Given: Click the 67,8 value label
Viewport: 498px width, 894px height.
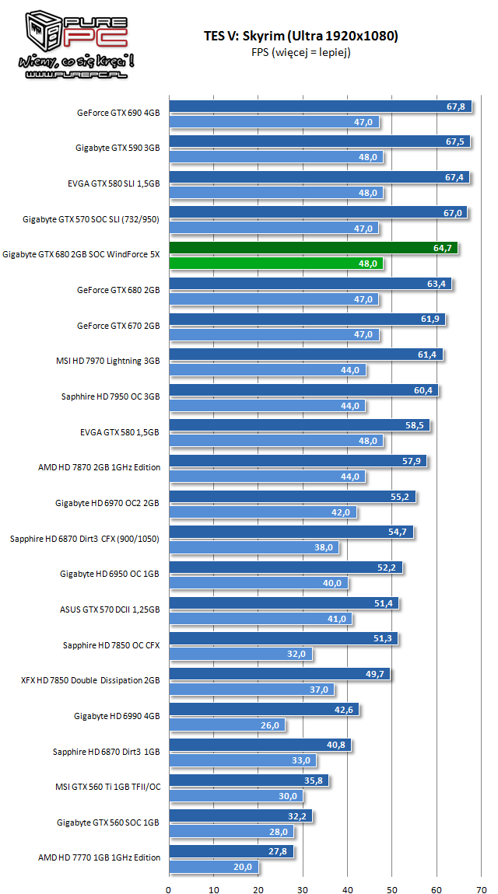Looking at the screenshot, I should [x=456, y=107].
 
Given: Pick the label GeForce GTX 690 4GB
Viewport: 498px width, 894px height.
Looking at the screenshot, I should [x=118, y=112].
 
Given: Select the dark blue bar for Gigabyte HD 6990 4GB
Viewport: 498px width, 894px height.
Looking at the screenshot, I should [x=264, y=709].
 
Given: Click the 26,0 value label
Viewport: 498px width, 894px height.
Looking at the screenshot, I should [x=271, y=725].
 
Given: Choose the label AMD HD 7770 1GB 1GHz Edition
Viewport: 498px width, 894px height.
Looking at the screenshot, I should [x=99, y=857].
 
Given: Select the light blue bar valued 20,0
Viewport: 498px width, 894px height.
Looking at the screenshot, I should [x=213, y=866].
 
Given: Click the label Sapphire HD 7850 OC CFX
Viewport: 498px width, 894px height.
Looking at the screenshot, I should [x=111, y=644].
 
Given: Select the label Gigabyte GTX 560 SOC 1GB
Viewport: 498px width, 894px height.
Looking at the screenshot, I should [x=108, y=822].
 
